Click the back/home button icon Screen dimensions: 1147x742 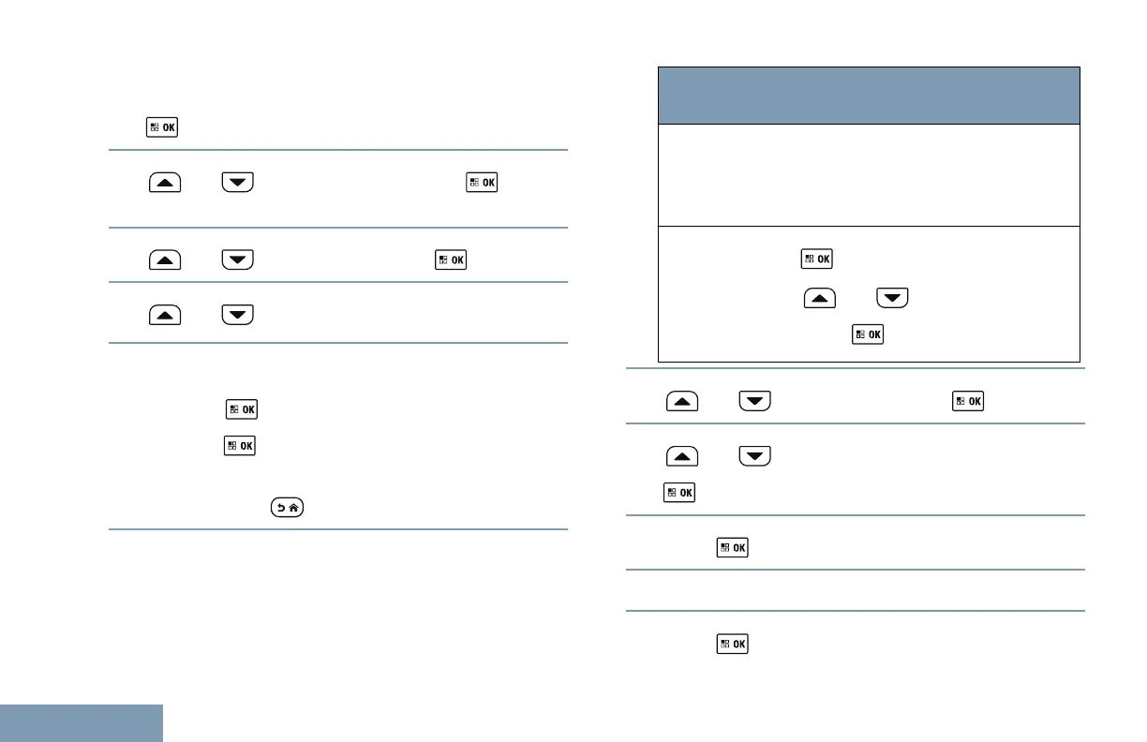pyautogui.click(x=285, y=508)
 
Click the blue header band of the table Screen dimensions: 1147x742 pyautogui.click(x=869, y=95)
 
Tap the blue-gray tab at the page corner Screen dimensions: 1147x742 pyautogui.click(x=82, y=723)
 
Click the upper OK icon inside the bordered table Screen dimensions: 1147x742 pyautogui.click(x=816, y=258)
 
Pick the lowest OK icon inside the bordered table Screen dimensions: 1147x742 pyautogui.click(x=867, y=334)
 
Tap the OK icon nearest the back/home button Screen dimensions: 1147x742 pyautogui.click(x=241, y=447)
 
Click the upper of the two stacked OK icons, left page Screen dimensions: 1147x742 pyautogui.click(x=241, y=409)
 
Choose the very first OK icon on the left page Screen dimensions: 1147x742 pyautogui.click(x=162, y=126)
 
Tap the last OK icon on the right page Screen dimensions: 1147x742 pyautogui.click(x=733, y=644)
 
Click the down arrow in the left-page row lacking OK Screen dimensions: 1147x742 pyautogui.click(x=238, y=315)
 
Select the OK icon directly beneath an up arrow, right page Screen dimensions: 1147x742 pyautogui.click(x=681, y=491)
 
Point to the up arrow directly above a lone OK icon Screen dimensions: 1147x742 pyautogui.click(x=681, y=455)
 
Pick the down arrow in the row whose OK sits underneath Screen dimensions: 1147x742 pyautogui.click(x=755, y=455)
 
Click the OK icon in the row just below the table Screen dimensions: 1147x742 pyautogui.click(x=968, y=401)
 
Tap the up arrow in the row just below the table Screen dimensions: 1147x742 pyautogui.click(x=681, y=401)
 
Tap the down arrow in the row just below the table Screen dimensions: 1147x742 pyautogui.click(x=755, y=401)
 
